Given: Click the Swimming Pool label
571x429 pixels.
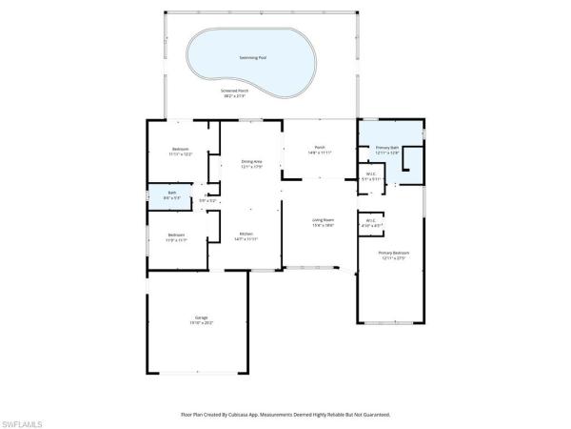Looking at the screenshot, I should click(x=251, y=58).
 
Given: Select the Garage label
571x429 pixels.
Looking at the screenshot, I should click(x=201, y=317).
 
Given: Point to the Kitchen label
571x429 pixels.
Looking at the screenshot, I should click(x=246, y=234).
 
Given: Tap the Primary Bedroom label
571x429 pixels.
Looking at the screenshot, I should click(x=393, y=253).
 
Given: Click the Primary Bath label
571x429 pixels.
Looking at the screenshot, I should click(x=387, y=148).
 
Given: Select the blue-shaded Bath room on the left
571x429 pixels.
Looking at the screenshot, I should click(x=171, y=199).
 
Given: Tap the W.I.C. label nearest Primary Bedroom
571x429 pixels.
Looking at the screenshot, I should click(x=371, y=220).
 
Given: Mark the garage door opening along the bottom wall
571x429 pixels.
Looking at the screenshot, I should click(x=201, y=374).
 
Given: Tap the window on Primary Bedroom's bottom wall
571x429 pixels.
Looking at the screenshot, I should click(x=388, y=324).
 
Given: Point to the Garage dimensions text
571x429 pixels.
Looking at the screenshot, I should click(x=201, y=323).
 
